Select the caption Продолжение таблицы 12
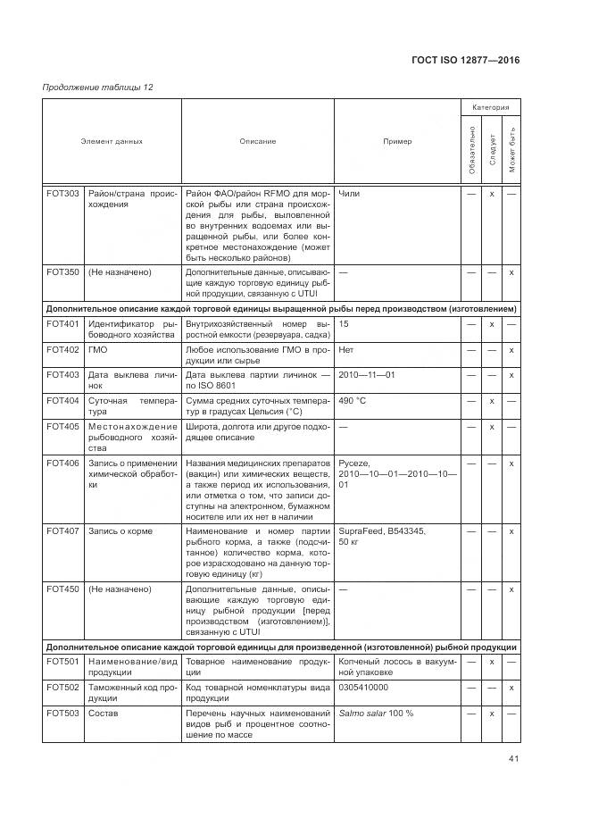pos(98,87)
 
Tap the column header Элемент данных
pos(112,141)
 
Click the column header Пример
pos(397,141)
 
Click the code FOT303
pos(62,193)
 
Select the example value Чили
pos(349,193)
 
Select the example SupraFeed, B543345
pos(382,531)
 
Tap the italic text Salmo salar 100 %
pos(377,713)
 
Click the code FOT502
pos(62,687)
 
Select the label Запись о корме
pos(120,531)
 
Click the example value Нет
pos(346,349)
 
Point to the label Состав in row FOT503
pos(103,713)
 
